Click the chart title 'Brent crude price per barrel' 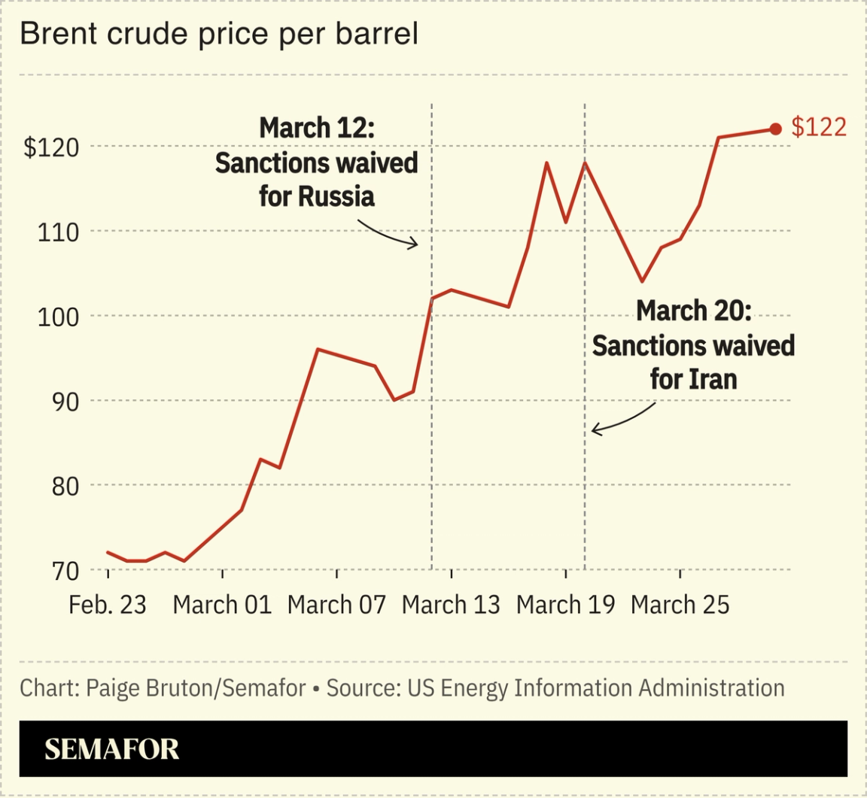[x=218, y=34]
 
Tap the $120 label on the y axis [x=51, y=147]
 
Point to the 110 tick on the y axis [x=58, y=232]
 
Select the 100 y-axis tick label [x=58, y=317]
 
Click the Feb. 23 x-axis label [x=108, y=605]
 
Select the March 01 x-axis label [x=222, y=605]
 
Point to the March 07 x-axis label [x=336, y=605]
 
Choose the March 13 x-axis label [x=451, y=605]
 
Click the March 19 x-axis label [x=565, y=605]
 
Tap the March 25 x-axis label [x=680, y=605]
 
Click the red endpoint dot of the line [x=776, y=129]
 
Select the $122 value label [x=819, y=128]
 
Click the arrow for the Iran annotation [x=623, y=420]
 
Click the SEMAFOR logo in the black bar [x=112, y=749]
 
